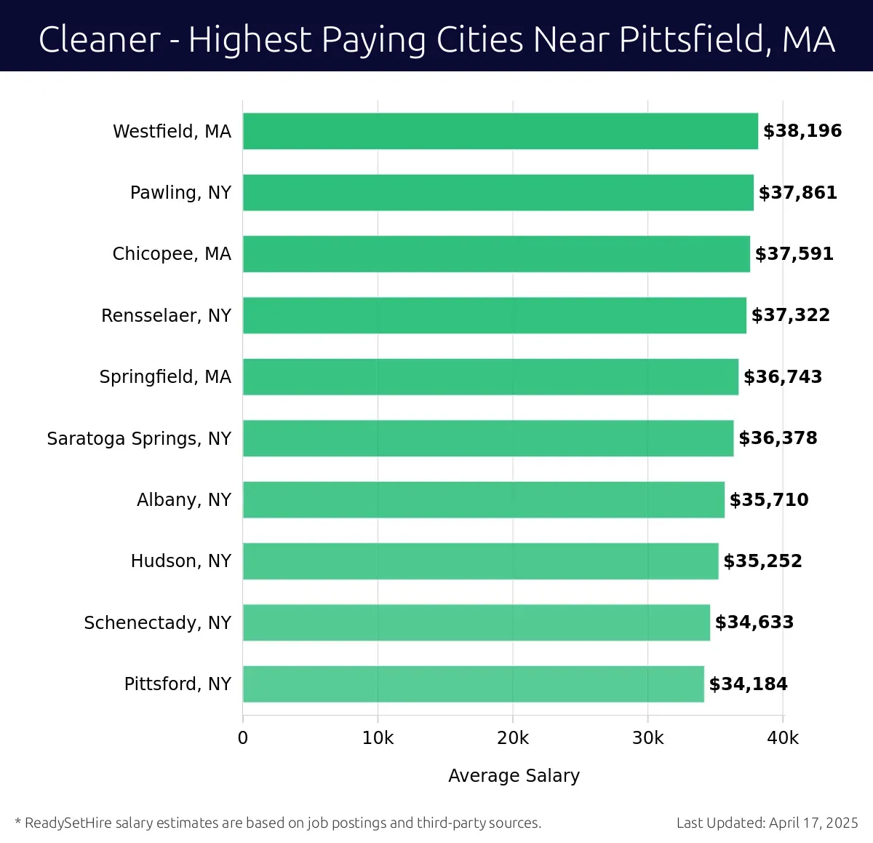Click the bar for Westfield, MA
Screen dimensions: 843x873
click(x=500, y=131)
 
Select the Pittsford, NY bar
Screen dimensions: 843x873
click(x=473, y=684)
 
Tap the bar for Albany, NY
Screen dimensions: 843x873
click(x=483, y=499)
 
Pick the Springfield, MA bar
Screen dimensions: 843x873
click(x=490, y=376)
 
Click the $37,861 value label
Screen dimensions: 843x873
click(x=797, y=193)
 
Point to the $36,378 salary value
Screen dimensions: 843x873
click(x=778, y=438)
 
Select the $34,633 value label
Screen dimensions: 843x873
click(x=754, y=622)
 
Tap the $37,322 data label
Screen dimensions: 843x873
click(x=790, y=315)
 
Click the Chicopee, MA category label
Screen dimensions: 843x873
click(x=172, y=254)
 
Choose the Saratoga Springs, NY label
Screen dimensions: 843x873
click(x=139, y=438)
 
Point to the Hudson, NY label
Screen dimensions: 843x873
click(x=180, y=561)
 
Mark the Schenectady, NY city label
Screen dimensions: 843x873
click(x=157, y=623)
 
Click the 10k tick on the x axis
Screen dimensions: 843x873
click(x=378, y=738)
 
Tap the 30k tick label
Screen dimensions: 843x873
click(x=647, y=738)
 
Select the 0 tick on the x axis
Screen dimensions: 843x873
click(x=243, y=738)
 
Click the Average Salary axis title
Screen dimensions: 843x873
click(x=514, y=776)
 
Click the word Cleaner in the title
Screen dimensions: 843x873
click(x=99, y=39)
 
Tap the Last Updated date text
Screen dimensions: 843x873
click(x=767, y=823)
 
